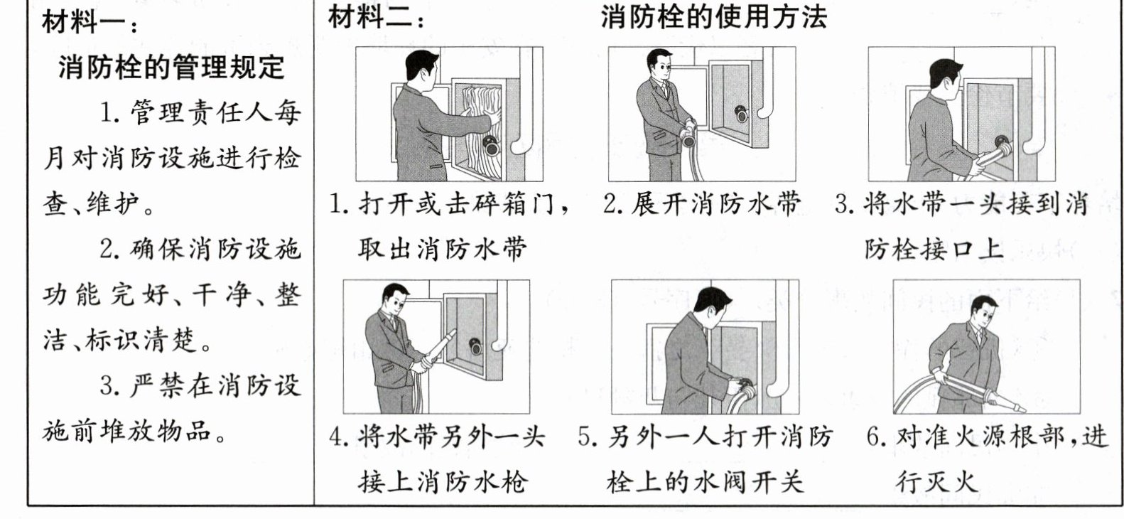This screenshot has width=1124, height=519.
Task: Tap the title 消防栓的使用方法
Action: (x=713, y=17)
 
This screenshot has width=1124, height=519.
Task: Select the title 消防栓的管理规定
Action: (x=171, y=68)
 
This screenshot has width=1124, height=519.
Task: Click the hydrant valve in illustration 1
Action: (x=491, y=145)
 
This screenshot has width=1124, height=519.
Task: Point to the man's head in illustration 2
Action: (x=659, y=64)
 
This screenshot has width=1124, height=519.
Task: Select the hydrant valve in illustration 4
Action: (x=475, y=346)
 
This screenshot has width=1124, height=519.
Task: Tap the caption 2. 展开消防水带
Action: (x=701, y=204)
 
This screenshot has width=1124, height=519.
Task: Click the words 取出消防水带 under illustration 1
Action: (x=443, y=249)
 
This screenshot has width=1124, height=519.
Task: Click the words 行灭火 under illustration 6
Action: (x=937, y=482)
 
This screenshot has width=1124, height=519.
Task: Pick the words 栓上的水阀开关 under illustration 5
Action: (x=705, y=482)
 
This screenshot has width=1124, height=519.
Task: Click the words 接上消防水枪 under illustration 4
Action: (x=443, y=482)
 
